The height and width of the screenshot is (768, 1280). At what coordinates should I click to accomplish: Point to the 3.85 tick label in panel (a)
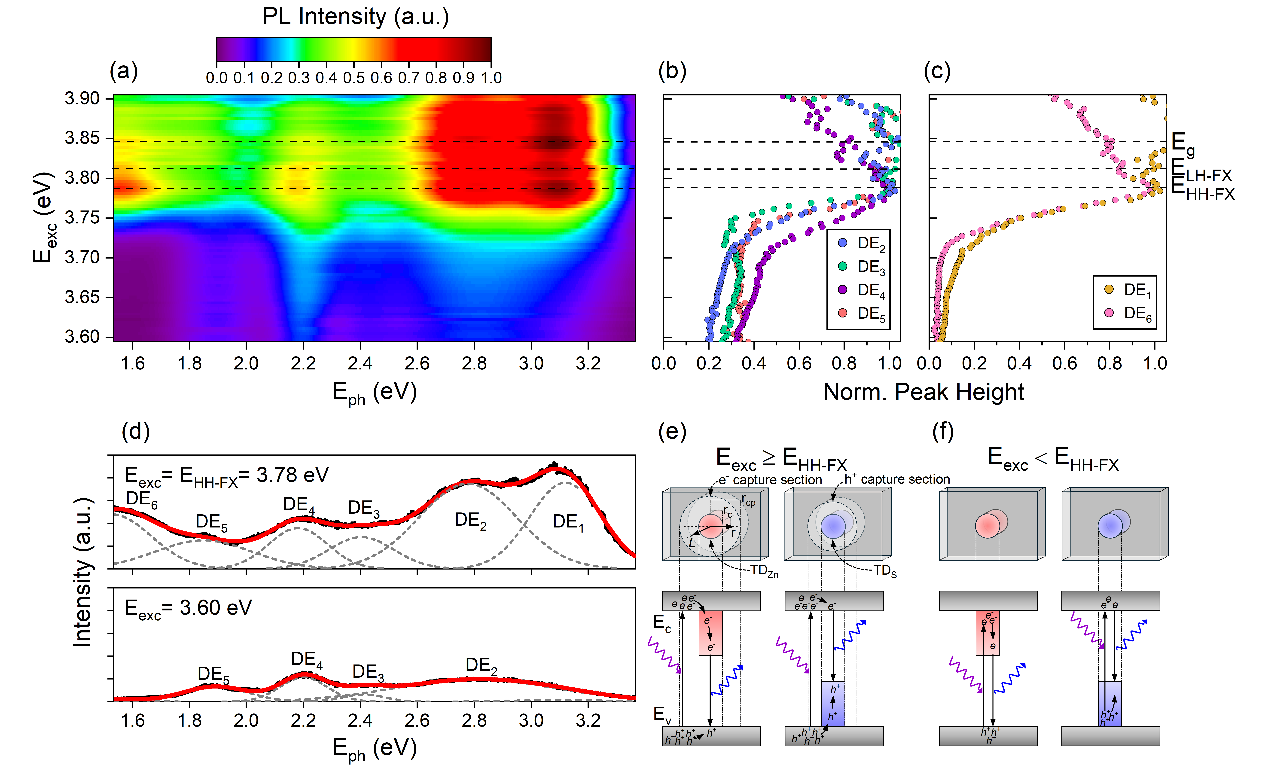[82, 138]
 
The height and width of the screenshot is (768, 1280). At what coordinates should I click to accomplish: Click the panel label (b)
[672, 71]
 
